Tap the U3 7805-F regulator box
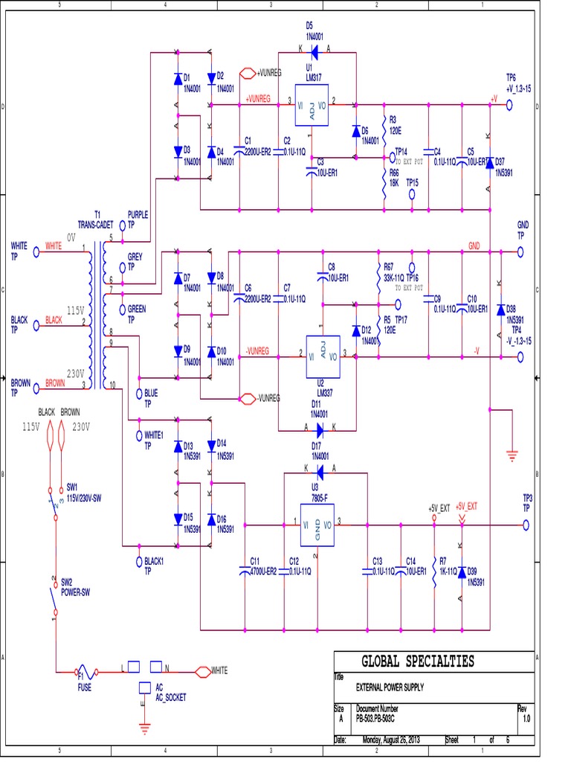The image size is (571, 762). pyautogui.click(x=317, y=525)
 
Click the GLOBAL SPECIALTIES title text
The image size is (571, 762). pyautogui.click(x=417, y=662)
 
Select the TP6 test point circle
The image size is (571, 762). pyautogui.click(x=510, y=106)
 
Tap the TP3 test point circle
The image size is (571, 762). pyautogui.click(x=526, y=525)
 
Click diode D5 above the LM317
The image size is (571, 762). pyautogui.click(x=313, y=51)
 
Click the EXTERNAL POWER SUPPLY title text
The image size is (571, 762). pyautogui.click(x=390, y=688)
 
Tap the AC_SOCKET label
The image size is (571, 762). pyautogui.click(x=171, y=697)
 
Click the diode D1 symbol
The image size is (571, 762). pyautogui.click(x=177, y=79)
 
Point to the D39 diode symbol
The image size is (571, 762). pyautogui.click(x=462, y=572)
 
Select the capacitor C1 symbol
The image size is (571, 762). pyautogui.click(x=239, y=150)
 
